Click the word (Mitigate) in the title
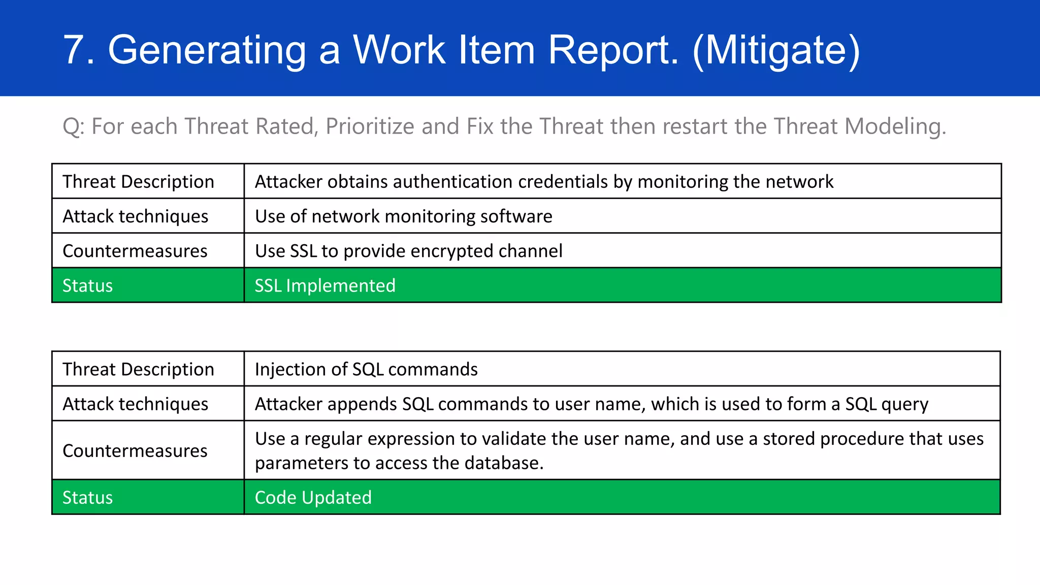[776, 50]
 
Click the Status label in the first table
[87, 286]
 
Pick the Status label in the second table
[87, 498]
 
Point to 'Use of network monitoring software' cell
[403, 216]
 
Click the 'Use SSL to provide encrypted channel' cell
[408, 251]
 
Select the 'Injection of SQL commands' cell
[366, 369]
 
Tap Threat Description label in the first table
[138, 182]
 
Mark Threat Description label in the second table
[138, 369]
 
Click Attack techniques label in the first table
[135, 216]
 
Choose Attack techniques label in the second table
[135, 404]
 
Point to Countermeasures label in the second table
[135, 451]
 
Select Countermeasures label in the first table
[135, 251]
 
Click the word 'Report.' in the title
[613, 50]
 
